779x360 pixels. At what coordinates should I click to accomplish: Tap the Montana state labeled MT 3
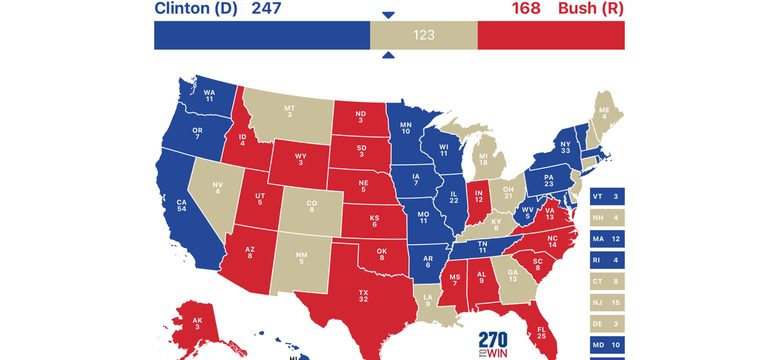(x=289, y=111)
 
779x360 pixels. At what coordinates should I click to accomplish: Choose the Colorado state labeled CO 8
(x=311, y=206)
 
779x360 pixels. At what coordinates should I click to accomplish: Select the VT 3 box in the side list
(x=607, y=196)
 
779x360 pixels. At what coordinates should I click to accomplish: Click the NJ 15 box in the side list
(x=607, y=302)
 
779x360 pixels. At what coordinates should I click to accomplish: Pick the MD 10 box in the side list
(x=607, y=345)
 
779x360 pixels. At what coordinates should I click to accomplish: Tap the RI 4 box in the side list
(x=607, y=260)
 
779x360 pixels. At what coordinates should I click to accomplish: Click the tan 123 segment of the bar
(x=423, y=35)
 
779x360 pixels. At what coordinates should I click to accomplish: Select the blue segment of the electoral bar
(x=262, y=35)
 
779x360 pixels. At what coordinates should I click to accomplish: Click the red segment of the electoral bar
(x=551, y=35)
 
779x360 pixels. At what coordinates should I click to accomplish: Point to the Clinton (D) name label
(x=196, y=9)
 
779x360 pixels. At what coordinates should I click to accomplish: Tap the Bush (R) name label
(x=591, y=9)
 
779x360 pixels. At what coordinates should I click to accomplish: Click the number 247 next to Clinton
(x=266, y=9)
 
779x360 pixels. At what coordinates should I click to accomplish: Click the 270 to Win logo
(x=493, y=345)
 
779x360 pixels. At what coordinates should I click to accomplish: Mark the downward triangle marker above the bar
(x=388, y=15)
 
